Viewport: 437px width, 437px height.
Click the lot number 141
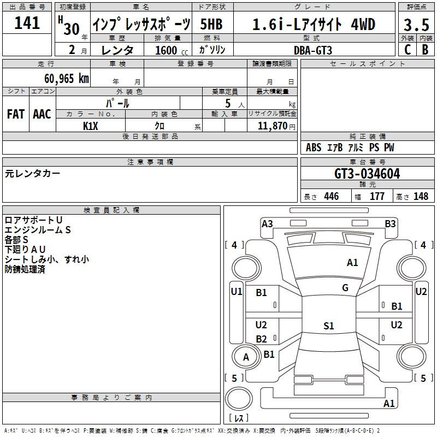pos(27,23)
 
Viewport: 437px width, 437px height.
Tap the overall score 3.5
pos(416,25)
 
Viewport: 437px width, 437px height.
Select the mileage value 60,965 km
pos(67,79)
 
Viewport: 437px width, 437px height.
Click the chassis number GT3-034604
pos(367,174)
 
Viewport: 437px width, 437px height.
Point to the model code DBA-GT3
pos(313,50)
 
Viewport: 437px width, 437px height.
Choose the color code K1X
pos(91,126)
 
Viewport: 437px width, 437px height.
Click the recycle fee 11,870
pos(272,126)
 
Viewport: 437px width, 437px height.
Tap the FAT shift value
pos(16,114)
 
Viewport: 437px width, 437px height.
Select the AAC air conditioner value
pos(42,114)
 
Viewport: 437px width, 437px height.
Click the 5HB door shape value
pos(211,24)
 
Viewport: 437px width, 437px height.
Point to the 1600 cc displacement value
pos(172,50)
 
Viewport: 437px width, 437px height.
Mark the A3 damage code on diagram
pos(267,224)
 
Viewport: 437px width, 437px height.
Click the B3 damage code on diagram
pos(390,224)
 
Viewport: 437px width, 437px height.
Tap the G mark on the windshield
pos(345,288)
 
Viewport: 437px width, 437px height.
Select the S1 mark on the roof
pos(329,326)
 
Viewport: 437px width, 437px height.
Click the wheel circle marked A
pos(246,357)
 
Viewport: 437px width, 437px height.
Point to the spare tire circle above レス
pos(239,399)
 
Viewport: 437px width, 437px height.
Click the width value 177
pos(377,196)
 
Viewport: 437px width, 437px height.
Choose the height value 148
pos(421,196)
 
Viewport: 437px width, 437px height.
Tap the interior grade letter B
pos(425,50)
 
